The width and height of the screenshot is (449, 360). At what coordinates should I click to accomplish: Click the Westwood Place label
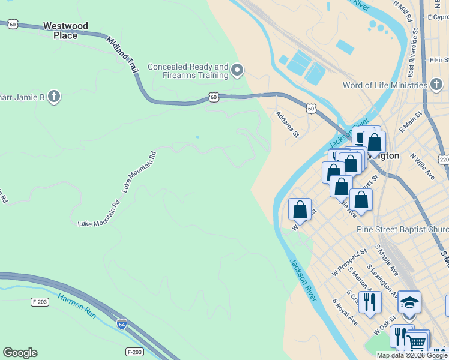click(65, 31)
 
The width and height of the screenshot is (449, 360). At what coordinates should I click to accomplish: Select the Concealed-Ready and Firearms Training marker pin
click(237, 71)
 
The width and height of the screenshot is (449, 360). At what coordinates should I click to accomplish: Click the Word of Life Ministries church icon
click(435, 85)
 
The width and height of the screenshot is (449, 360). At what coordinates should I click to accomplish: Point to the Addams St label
click(287, 124)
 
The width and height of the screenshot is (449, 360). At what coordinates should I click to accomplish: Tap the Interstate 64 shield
click(122, 322)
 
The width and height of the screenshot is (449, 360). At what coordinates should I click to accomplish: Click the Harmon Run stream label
click(77, 304)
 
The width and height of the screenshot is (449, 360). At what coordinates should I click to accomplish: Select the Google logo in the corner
click(20, 353)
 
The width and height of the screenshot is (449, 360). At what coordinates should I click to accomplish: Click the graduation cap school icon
click(409, 302)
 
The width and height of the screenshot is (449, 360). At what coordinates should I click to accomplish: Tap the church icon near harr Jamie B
click(54, 97)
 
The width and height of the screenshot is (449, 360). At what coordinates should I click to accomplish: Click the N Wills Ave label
click(423, 166)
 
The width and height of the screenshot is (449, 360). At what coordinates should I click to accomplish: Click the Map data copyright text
click(412, 355)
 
